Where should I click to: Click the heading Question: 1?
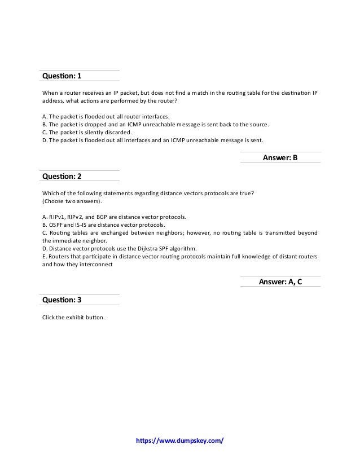62,76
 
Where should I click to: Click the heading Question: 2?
62,176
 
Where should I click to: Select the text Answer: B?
280,158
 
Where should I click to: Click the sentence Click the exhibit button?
73,316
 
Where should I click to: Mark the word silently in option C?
93,132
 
